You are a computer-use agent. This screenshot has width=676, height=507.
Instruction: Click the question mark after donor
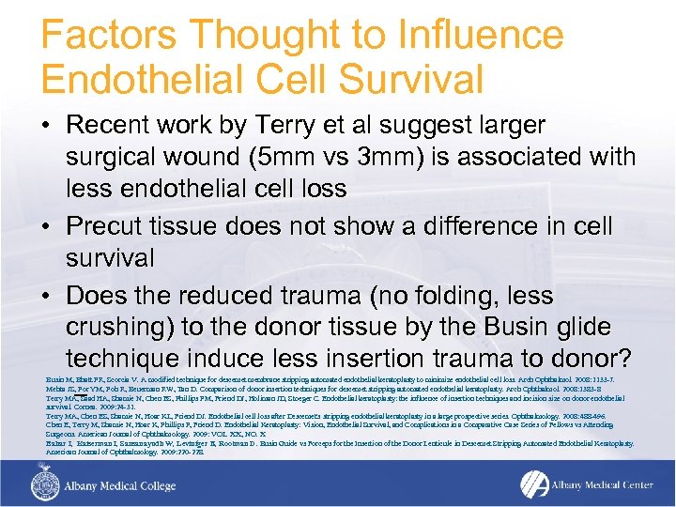point(624,360)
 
